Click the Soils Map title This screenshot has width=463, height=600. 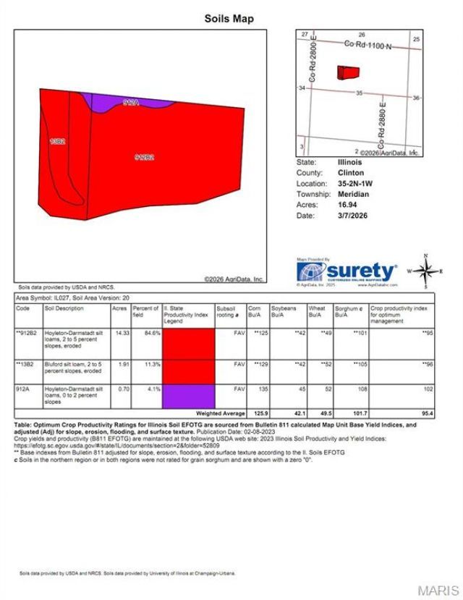coord(229,19)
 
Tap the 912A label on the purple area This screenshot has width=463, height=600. coord(131,103)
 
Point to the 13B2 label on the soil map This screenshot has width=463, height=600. coord(58,142)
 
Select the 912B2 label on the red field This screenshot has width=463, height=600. coord(145,156)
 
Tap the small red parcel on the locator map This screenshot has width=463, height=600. coord(348,72)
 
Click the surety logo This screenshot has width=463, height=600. coord(347,271)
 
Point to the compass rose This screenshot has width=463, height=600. coord(425,271)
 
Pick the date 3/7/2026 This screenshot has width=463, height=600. coord(352,216)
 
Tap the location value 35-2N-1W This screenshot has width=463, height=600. coord(355,184)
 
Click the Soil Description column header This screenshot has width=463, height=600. coord(64,307)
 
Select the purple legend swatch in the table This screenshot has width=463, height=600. coord(188,397)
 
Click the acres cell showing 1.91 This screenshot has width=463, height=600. coord(119,364)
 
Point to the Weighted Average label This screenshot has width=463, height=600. coord(224,413)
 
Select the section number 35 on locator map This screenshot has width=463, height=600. coord(359,93)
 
